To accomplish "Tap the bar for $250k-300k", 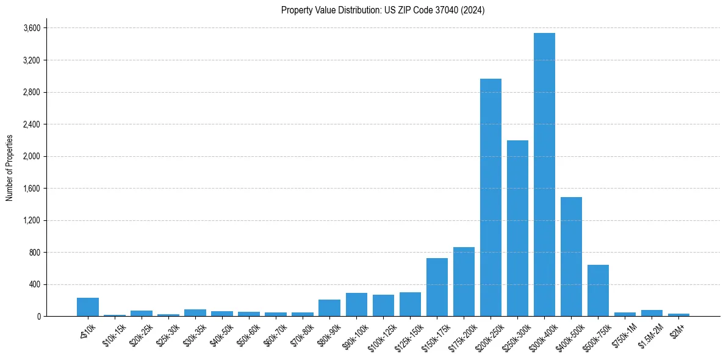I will (517, 228).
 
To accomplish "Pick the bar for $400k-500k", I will (571, 256).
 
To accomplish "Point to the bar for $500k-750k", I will (598, 290).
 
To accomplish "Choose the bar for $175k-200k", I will (464, 281).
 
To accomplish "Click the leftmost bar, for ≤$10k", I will (88, 307).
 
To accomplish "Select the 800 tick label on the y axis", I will (34, 252).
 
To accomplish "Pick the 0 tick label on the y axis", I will (38, 316).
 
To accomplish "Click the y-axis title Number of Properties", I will (9, 167).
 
